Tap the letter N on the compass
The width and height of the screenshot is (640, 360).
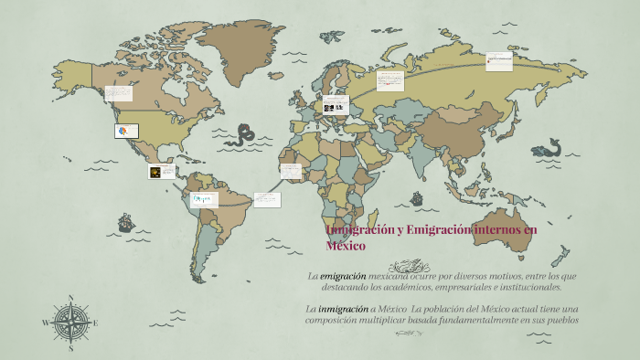tap(70, 297)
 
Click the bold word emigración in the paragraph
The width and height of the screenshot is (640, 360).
tap(343, 275)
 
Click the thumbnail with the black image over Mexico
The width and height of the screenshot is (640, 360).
tap(162, 171)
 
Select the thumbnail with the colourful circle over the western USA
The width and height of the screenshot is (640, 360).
tap(124, 131)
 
